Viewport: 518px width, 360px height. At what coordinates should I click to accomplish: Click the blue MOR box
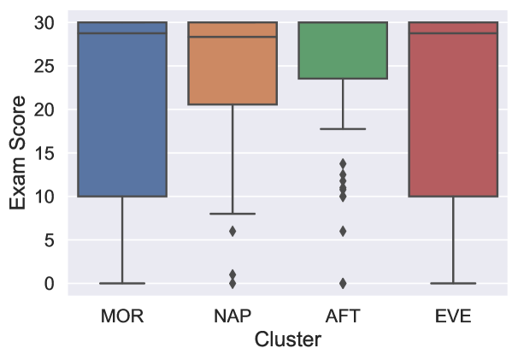click(x=121, y=111)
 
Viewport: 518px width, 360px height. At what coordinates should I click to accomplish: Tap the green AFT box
click(x=343, y=50)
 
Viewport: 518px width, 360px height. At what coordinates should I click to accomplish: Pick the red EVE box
click(x=453, y=111)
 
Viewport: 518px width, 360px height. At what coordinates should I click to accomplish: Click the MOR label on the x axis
click(x=121, y=316)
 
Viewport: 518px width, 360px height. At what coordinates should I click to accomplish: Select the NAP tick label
click(x=233, y=316)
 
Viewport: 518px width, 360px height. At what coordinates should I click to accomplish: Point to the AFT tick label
click(x=343, y=316)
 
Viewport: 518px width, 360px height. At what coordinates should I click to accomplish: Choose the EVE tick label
click(x=453, y=316)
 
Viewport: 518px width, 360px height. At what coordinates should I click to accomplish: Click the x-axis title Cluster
click(x=288, y=340)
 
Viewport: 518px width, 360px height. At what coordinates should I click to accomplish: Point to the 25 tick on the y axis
click(x=50, y=66)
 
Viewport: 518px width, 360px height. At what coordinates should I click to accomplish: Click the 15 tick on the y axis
click(x=50, y=153)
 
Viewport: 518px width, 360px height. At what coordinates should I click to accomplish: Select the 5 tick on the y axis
click(x=55, y=240)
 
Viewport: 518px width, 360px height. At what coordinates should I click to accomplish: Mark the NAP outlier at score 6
click(x=233, y=231)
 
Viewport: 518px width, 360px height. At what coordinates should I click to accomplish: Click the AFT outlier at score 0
click(x=343, y=283)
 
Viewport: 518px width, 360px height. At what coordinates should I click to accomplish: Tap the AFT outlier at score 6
click(x=343, y=231)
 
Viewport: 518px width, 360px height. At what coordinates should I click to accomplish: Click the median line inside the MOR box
click(x=121, y=33)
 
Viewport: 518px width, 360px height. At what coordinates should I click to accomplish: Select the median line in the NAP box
click(x=233, y=37)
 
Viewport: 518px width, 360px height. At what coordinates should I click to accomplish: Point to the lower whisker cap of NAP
click(x=233, y=213)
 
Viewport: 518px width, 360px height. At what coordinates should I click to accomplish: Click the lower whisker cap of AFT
click(x=343, y=128)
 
